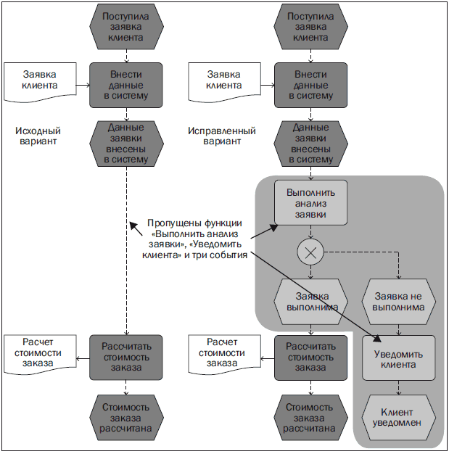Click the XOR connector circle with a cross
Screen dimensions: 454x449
click(310, 252)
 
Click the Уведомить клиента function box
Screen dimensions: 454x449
click(399, 358)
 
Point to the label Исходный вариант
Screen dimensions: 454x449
click(38, 136)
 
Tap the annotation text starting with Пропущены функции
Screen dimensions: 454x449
click(194, 239)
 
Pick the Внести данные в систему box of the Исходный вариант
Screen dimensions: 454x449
click(126, 85)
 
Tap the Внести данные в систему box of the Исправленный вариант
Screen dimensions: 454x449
click(310, 85)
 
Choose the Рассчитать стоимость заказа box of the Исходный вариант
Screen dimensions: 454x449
click(126, 357)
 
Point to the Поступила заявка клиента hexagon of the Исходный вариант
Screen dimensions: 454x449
click(126, 27)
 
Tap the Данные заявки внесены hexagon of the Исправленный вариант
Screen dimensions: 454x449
click(310, 143)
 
